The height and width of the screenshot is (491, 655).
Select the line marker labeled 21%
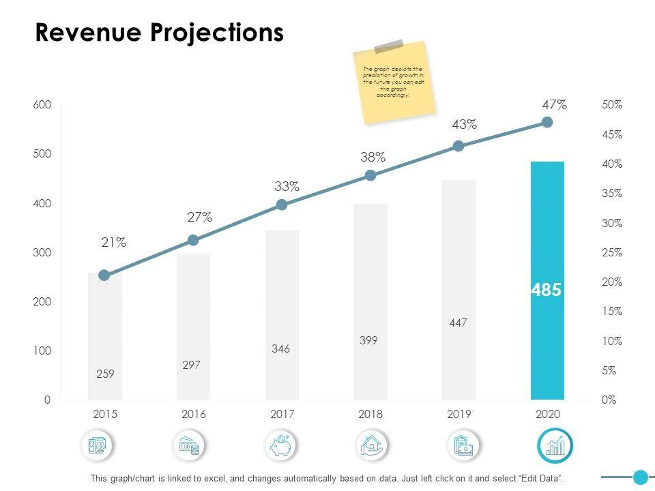[x=104, y=276]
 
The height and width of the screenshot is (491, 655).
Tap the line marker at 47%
[x=547, y=122]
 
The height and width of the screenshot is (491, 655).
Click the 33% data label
[x=287, y=186]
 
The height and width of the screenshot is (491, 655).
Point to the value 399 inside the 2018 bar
[x=369, y=340]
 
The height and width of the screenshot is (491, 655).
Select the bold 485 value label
[x=547, y=291]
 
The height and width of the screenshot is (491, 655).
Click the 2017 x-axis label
[x=282, y=415]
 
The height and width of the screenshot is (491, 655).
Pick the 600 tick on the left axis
[x=42, y=105]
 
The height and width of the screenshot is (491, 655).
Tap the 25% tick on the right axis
[x=612, y=252]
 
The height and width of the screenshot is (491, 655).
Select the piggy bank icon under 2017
[x=281, y=446]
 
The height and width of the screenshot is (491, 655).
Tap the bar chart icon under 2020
[x=555, y=446]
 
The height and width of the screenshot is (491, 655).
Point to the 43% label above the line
[x=464, y=125]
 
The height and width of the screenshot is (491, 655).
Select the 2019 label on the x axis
[x=459, y=415]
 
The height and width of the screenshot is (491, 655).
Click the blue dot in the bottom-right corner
[x=640, y=477]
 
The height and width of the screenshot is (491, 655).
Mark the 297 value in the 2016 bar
[x=192, y=365]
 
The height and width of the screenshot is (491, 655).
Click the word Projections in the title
[x=218, y=33]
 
